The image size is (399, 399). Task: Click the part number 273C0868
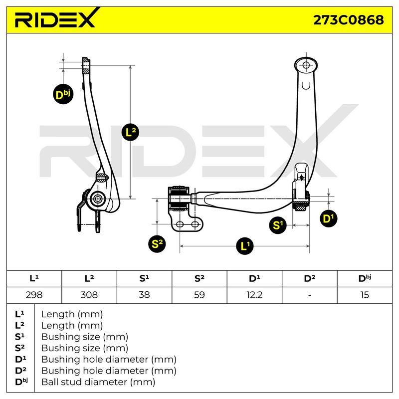[x=348, y=20]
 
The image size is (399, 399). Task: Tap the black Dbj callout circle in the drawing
[x=63, y=94]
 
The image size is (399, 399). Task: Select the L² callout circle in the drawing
[x=130, y=132]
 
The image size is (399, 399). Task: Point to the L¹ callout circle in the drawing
[x=245, y=246]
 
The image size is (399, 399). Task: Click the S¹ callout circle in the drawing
[x=278, y=225]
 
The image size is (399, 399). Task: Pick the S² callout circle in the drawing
[x=157, y=244]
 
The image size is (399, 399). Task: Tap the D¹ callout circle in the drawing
[x=328, y=218]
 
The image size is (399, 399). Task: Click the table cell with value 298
[x=34, y=295]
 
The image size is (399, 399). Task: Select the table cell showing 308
[x=89, y=295]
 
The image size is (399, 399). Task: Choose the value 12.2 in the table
[x=254, y=295]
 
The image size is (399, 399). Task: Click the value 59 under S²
[x=199, y=295]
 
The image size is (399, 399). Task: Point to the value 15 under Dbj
[x=365, y=295]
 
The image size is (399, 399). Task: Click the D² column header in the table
[x=309, y=279]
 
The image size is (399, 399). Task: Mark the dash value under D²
[x=309, y=295]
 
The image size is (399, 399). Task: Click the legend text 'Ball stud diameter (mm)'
[x=98, y=382]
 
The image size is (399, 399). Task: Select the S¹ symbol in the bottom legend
[x=20, y=337]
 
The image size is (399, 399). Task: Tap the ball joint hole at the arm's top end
[x=306, y=65]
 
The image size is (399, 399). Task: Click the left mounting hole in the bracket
[x=180, y=224]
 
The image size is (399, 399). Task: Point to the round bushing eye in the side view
[x=97, y=199]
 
